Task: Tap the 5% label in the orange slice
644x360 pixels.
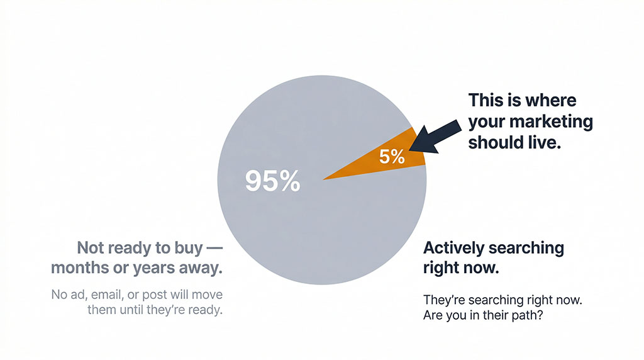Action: [x=392, y=157]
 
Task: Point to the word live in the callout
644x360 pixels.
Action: [x=545, y=142]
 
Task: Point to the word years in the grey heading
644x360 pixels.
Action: [x=155, y=268]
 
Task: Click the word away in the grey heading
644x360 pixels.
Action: [x=201, y=268]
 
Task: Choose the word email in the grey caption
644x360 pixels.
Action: [x=107, y=295]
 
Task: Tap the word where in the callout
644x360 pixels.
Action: [x=545, y=101]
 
